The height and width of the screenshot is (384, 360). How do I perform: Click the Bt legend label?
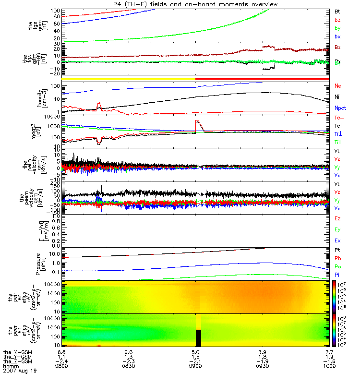pyautogui.click(x=337, y=11)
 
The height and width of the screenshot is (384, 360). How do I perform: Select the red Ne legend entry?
pyautogui.click(x=338, y=86)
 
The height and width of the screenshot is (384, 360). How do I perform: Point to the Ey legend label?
pyautogui.click(x=338, y=229)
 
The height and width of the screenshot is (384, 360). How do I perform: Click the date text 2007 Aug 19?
pyautogui.click(x=20, y=371)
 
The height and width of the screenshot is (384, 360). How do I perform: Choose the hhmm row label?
pyautogui.click(x=10, y=366)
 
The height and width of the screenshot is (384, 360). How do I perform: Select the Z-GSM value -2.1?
pyautogui.click(x=195, y=361)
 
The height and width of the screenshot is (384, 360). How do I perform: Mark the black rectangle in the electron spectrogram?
pyautogui.click(x=198, y=338)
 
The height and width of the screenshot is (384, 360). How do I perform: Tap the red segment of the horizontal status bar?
pyautogui.click(x=262, y=78)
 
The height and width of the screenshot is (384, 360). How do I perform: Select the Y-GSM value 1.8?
pyautogui.click(x=263, y=357)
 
